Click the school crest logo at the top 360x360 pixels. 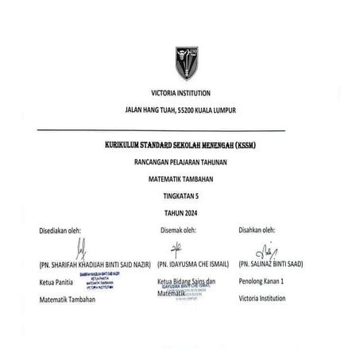186,63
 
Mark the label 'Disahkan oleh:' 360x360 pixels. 261,231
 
